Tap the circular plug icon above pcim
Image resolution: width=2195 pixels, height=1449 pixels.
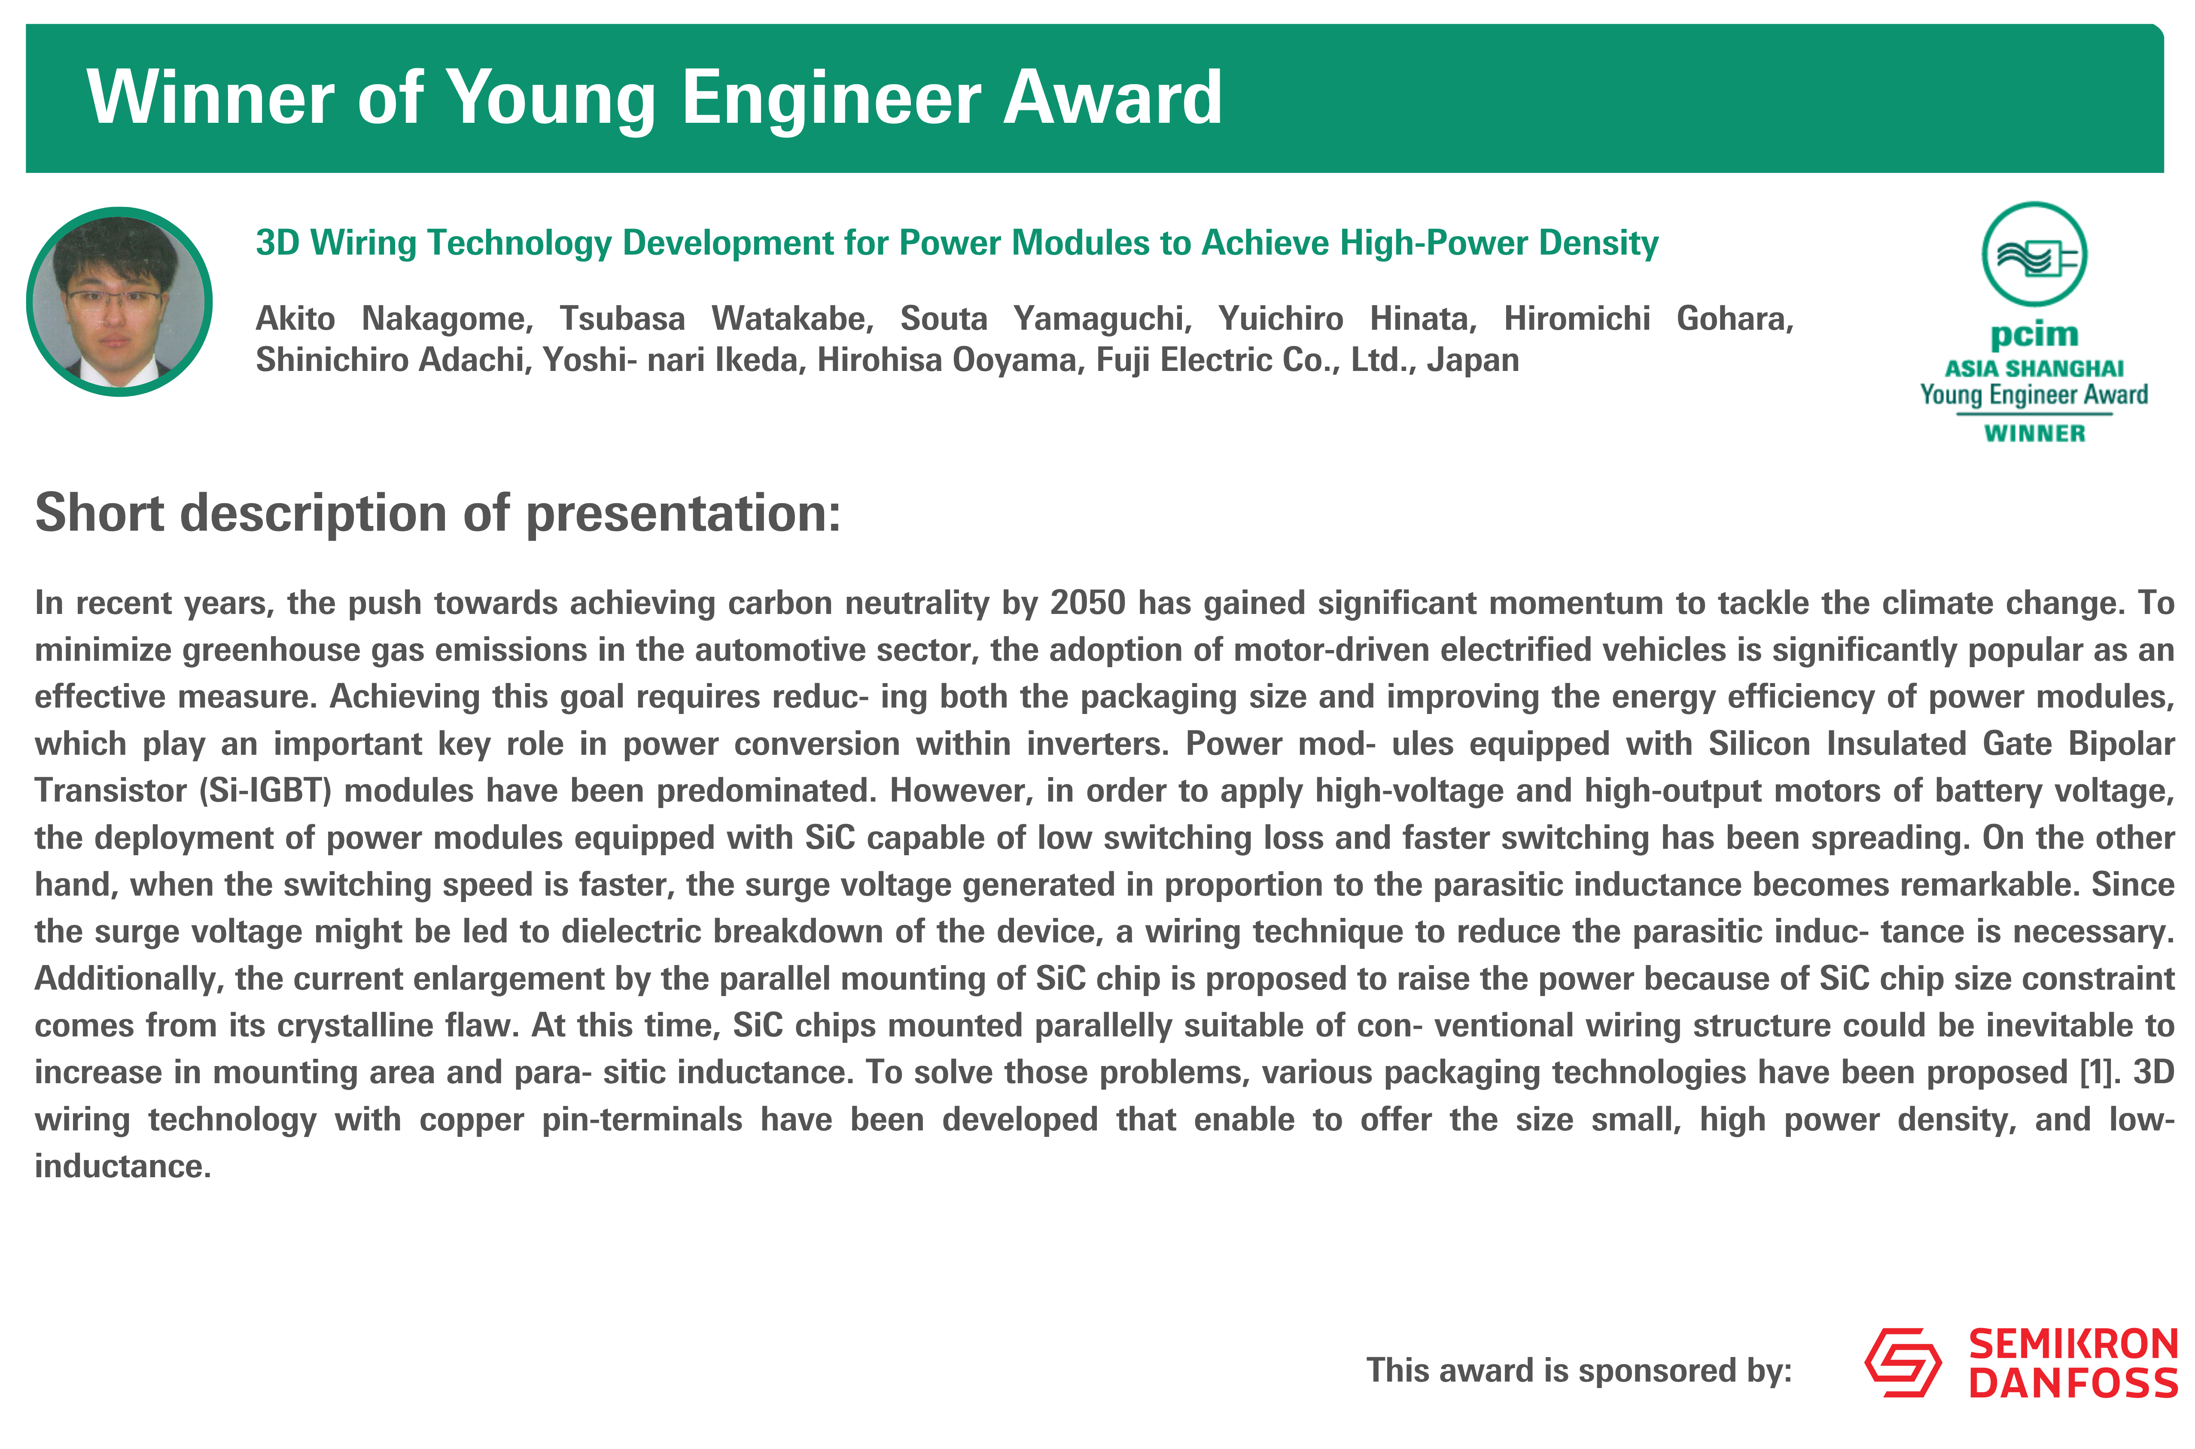click(x=2034, y=254)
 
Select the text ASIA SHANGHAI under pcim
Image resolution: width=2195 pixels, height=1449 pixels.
click(x=2034, y=369)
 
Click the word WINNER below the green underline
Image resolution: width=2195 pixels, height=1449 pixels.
click(x=2034, y=433)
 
